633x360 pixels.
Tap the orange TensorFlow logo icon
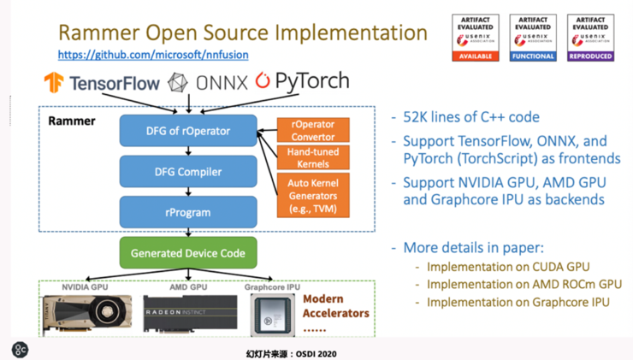(55, 83)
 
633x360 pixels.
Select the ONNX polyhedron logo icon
(179, 82)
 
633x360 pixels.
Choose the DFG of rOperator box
(188, 130)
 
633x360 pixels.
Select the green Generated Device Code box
(187, 253)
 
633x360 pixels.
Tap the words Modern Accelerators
(336, 306)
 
